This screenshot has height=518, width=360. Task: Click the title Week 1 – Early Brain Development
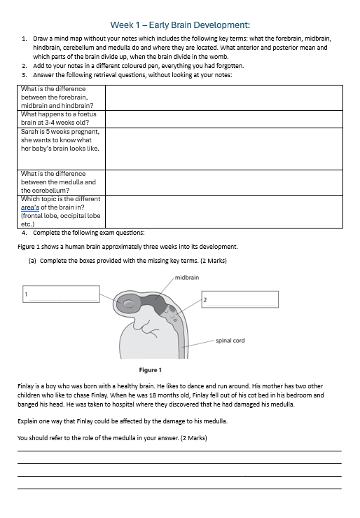click(180, 25)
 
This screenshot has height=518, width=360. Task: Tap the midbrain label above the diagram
click(187, 278)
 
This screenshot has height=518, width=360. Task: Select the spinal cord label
click(230, 341)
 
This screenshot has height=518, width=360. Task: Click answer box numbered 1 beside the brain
click(61, 294)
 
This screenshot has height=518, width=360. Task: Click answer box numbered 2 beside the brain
click(240, 299)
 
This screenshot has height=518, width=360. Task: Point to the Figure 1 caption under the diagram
click(150, 370)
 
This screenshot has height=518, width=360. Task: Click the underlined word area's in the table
click(30, 207)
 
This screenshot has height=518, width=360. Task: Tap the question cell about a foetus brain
click(61, 118)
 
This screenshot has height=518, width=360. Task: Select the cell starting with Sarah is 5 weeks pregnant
click(61, 149)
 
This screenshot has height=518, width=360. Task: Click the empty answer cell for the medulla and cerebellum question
click(224, 182)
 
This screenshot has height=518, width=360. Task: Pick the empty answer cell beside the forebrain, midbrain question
click(224, 97)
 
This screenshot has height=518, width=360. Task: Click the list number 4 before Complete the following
click(25, 233)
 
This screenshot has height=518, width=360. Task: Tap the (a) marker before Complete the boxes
click(32, 261)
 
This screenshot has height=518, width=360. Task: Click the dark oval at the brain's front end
click(128, 303)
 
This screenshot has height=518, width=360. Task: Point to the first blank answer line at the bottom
click(179, 451)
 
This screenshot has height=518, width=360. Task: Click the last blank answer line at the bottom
click(179, 489)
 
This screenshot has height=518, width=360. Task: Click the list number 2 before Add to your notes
click(25, 66)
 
